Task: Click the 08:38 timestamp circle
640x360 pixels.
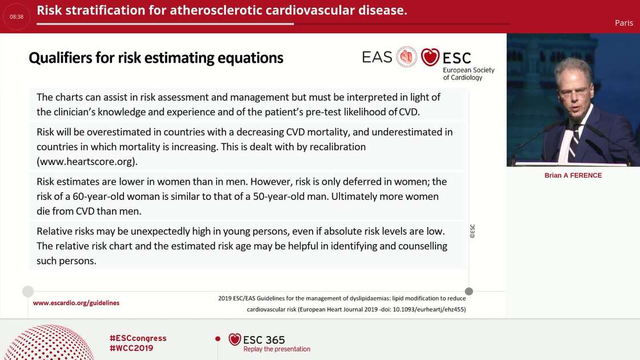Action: coord(17,17)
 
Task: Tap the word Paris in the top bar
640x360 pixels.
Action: coord(623,23)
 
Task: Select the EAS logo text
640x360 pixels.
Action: coord(377,57)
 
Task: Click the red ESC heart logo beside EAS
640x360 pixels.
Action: coord(430,57)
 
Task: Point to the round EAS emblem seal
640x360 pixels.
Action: coord(406,57)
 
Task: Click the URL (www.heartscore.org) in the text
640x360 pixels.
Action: coord(87,161)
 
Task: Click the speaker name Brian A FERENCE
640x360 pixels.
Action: coord(573,175)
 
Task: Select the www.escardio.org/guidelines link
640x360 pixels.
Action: coord(76,303)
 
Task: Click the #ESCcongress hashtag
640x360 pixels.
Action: coord(138,338)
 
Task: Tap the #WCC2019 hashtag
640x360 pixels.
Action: coord(131,348)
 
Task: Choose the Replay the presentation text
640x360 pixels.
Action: coord(277,349)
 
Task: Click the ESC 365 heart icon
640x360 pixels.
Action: coord(234,339)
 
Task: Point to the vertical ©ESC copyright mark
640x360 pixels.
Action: coord(472,231)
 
